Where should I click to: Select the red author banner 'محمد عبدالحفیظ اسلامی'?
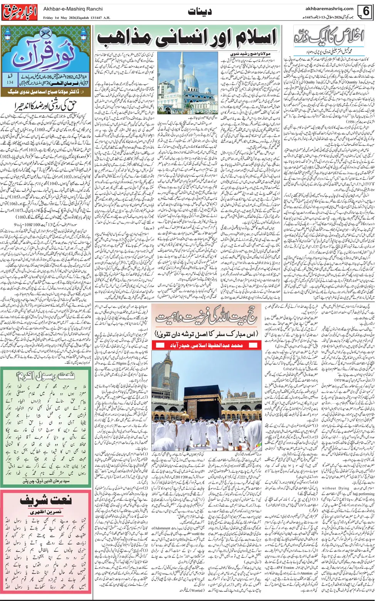coord(207,345)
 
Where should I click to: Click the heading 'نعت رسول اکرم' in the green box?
coord(46,375)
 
